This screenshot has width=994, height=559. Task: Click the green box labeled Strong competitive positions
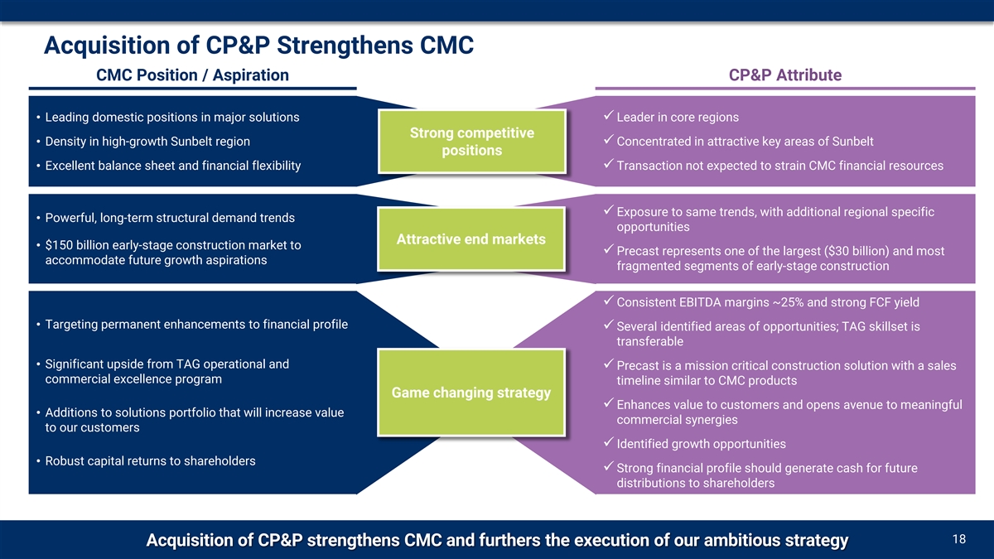pyautogui.click(x=471, y=142)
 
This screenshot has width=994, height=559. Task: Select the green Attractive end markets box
pyautogui.click(x=471, y=239)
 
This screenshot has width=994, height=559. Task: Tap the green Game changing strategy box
pyautogui.click(x=471, y=393)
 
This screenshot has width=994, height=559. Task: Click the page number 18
pyautogui.click(x=959, y=540)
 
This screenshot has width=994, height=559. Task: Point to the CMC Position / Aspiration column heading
pyautogui.click(x=192, y=75)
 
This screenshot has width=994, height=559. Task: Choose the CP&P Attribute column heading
pyautogui.click(x=785, y=75)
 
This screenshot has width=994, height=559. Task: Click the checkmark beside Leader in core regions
pyautogui.click(x=609, y=115)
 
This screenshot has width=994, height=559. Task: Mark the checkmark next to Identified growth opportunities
pyautogui.click(x=609, y=443)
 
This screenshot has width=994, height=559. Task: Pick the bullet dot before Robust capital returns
pyautogui.click(x=39, y=461)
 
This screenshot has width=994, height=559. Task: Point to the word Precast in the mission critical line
pyautogui.click(x=640, y=366)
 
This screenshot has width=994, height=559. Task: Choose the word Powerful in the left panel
pyautogui.click(x=70, y=218)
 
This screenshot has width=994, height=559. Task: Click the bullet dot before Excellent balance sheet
pyautogui.click(x=39, y=166)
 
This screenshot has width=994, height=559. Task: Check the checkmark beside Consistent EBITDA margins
pyautogui.click(x=609, y=301)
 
